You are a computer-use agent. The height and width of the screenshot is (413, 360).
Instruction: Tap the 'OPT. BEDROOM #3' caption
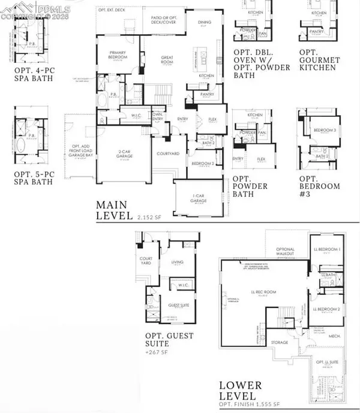click(x=319, y=195)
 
